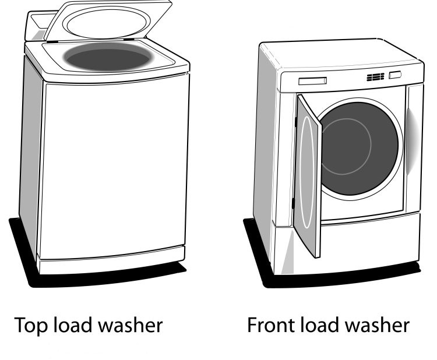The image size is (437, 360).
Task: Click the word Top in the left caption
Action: click(30, 325)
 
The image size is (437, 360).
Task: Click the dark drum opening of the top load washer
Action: click(108, 58)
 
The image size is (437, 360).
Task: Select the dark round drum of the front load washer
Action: click(359, 148)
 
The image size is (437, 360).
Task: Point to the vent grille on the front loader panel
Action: click(375, 77)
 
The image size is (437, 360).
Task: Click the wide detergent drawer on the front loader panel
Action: click(312, 81)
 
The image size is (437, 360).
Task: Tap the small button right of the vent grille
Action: click(395, 75)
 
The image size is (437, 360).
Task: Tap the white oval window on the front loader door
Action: click(306, 172)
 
